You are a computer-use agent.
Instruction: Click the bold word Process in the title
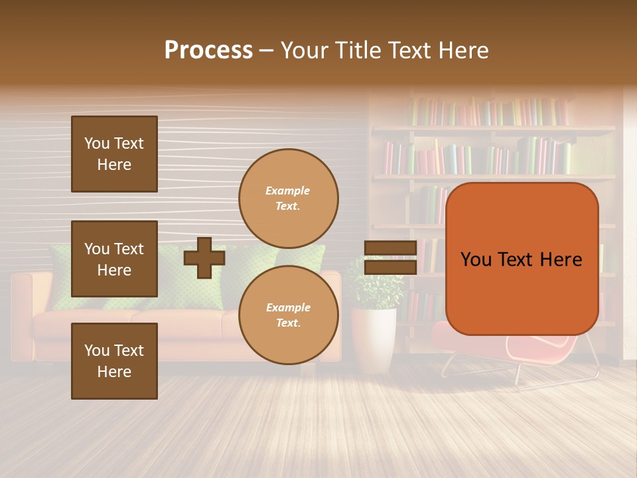[x=208, y=50]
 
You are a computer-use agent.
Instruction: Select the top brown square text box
[x=114, y=154]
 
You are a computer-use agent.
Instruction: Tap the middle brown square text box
[x=114, y=259]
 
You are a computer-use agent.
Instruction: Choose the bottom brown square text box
[x=114, y=361]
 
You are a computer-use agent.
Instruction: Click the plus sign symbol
[x=204, y=258]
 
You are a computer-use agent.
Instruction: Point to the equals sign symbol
[x=390, y=258]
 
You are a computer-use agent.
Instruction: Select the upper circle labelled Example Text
[x=288, y=199]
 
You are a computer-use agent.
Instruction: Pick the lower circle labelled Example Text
[x=288, y=315]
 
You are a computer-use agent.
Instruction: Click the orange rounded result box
[x=522, y=259]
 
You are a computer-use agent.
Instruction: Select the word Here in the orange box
[x=561, y=260]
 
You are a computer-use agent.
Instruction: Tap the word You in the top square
[x=97, y=143]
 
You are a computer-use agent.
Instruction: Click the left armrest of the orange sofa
[x=22, y=312]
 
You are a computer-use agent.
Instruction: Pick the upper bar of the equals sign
[x=390, y=248]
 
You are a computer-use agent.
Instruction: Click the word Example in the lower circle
[x=288, y=307]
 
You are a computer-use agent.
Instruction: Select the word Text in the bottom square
[x=129, y=351]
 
